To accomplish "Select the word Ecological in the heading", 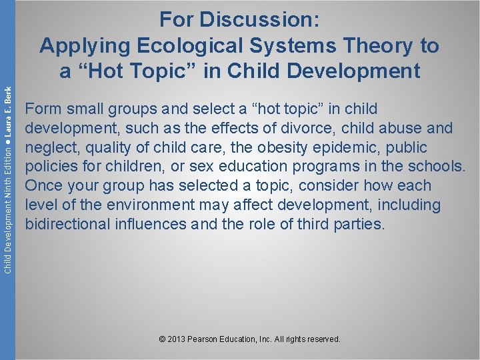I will pos(181,46).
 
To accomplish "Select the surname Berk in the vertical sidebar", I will pos(8,101).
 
